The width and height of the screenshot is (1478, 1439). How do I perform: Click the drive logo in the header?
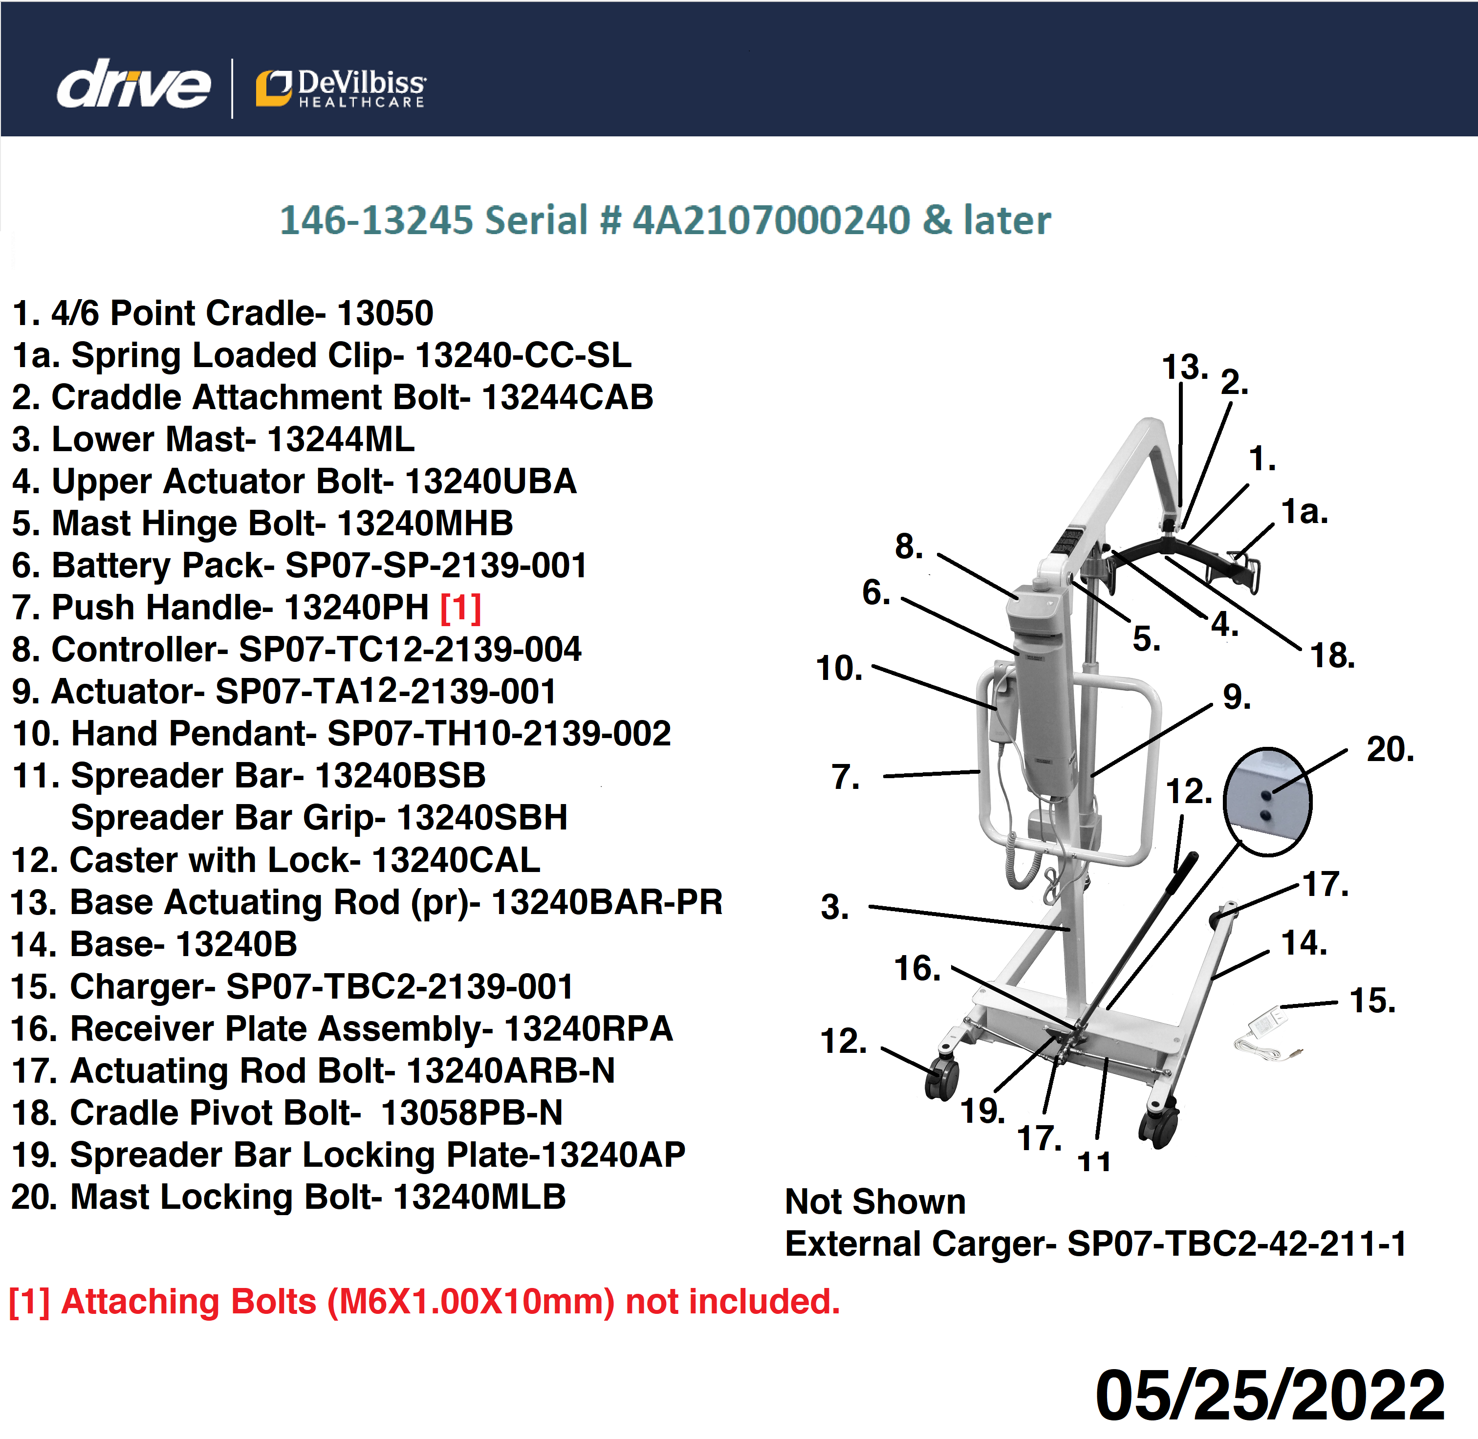134,85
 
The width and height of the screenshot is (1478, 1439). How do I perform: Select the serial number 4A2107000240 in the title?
771,220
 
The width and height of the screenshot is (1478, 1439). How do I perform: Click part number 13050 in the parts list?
385,313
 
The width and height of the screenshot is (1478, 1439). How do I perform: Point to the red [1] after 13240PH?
460,607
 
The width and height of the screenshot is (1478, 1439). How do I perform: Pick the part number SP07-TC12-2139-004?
410,649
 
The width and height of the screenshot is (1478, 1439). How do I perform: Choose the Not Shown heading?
875,1201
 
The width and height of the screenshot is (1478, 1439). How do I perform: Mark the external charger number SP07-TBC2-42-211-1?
1237,1243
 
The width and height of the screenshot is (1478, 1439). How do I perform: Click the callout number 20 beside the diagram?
1390,750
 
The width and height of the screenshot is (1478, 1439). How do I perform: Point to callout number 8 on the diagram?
909,546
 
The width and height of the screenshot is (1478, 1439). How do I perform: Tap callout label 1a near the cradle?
1304,512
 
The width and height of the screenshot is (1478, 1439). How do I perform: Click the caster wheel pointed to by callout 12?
941,1077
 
